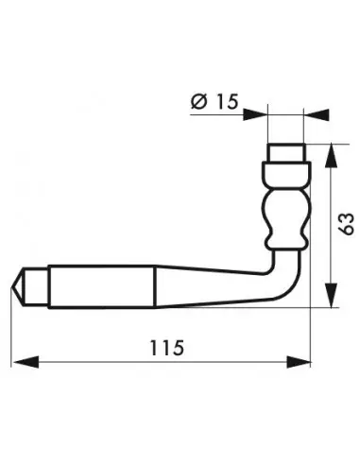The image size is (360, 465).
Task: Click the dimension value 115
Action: (x=166, y=348)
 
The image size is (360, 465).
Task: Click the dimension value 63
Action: (x=346, y=224)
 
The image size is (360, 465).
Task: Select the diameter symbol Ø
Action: (x=199, y=101)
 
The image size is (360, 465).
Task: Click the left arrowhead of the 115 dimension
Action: (x=26, y=362)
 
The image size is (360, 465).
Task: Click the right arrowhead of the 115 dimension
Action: (x=299, y=362)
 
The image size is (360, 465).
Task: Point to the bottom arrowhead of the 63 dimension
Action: (x=331, y=296)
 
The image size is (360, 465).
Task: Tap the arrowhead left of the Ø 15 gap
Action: (x=255, y=115)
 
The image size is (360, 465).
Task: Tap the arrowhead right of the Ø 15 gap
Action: (x=317, y=115)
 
